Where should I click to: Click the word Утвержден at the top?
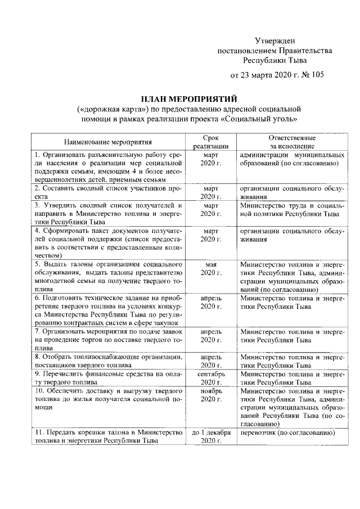pyautogui.click(x=274, y=40)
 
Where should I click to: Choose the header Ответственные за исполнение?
pyautogui.click(x=291, y=142)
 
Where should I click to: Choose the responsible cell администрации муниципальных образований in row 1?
pyautogui.click(x=291, y=159)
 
